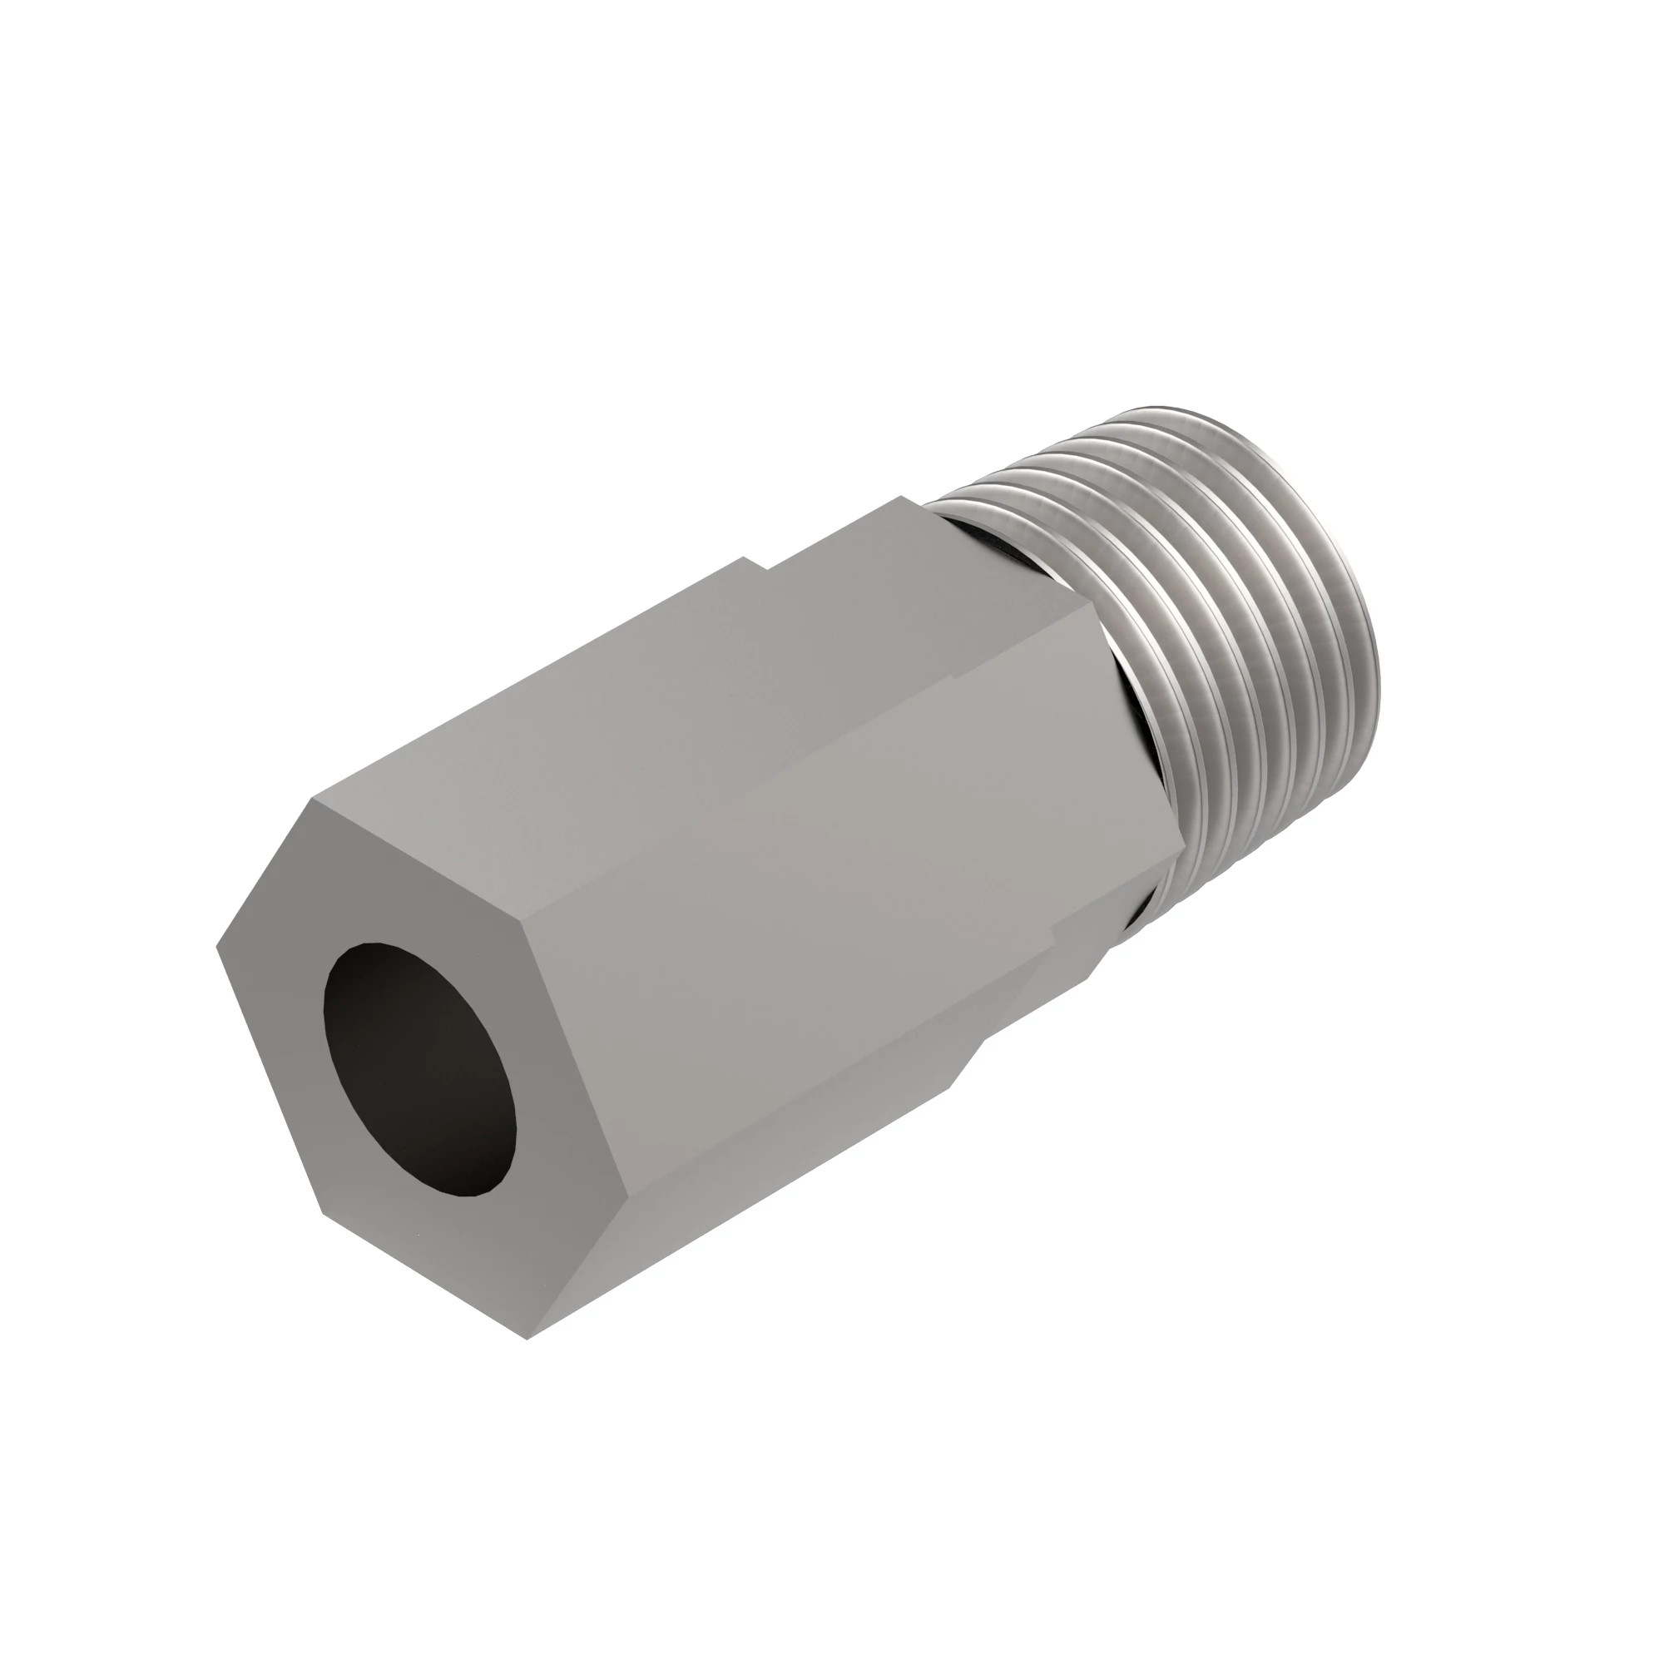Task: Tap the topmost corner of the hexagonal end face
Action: (x=313, y=800)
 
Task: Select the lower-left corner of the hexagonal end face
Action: (x=323, y=1214)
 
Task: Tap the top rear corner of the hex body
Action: (x=902, y=497)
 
